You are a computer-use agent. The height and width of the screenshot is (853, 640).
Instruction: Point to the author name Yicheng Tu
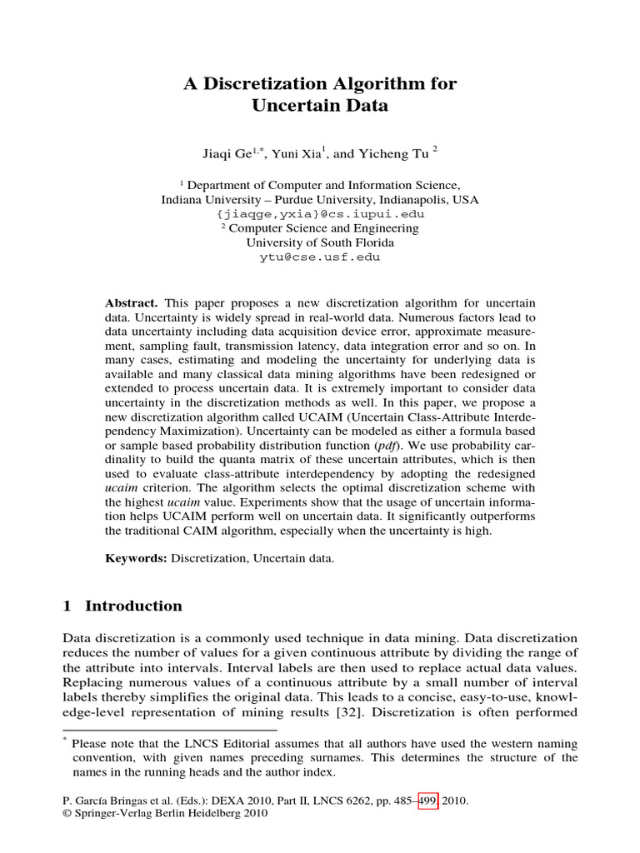tap(396, 152)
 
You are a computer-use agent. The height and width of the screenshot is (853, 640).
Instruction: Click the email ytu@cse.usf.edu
tap(320, 257)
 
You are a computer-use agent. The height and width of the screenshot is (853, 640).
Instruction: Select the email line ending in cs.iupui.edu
tap(320, 214)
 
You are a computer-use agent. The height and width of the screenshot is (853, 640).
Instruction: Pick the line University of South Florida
tap(320, 242)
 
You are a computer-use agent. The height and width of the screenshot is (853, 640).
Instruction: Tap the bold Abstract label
tap(132, 302)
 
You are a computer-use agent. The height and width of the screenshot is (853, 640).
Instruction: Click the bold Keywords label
tap(135, 558)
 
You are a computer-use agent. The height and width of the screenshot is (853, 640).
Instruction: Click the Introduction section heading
tap(133, 606)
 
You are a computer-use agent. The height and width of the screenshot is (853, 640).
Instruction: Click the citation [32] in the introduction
tap(348, 713)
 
